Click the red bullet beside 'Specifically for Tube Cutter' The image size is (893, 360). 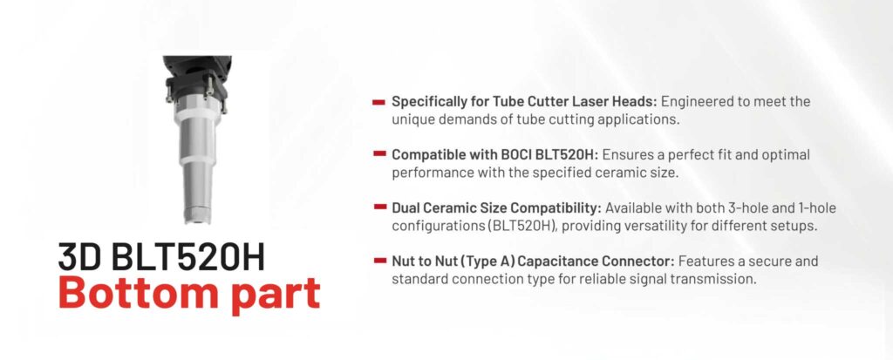click(x=378, y=103)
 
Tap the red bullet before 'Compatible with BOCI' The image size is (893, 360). click(x=378, y=154)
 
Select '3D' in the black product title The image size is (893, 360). click(x=79, y=257)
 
